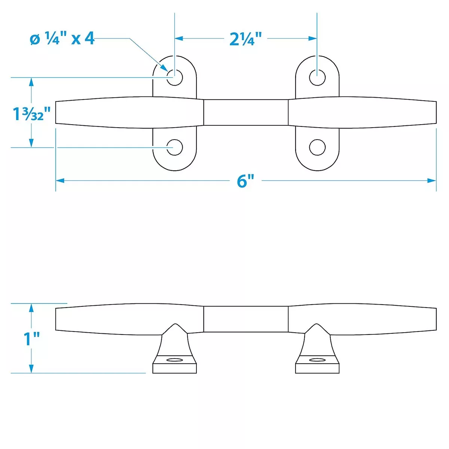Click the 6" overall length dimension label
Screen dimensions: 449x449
(245, 181)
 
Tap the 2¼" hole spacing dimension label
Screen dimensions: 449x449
(245, 39)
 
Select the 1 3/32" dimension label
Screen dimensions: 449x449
(31, 114)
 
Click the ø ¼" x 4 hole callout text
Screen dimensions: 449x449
(62, 39)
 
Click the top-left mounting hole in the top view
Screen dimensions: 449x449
(174, 77)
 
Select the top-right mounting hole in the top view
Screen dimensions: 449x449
(317, 77)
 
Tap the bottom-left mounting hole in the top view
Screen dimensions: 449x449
(174, 147)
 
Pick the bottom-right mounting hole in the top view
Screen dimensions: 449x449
(317, 147)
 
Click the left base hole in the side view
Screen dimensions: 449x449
(175, 360)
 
